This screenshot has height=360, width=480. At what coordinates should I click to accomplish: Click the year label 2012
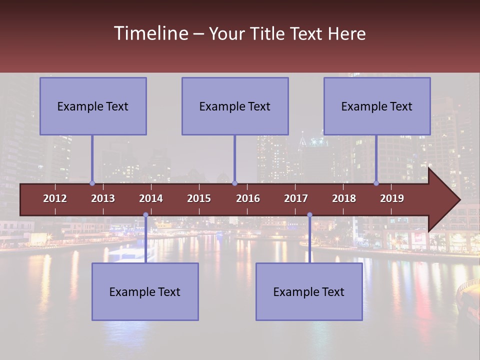pos(55,198)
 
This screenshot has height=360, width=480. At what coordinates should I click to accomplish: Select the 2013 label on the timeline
pos(103,198)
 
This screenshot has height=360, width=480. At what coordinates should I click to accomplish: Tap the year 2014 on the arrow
pos(151,198)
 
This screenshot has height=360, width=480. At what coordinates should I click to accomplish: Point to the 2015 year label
pos(199,198)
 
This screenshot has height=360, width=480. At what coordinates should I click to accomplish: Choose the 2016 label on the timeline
pos(248,198)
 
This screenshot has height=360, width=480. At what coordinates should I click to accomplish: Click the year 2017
pos(296,198)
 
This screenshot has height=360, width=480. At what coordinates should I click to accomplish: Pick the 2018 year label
pos(344,198)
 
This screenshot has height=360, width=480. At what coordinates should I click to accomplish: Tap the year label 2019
pos(392,198)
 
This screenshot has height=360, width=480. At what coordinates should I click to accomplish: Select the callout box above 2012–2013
pos(93,106)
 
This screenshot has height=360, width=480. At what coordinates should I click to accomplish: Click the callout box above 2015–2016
pos(235,106)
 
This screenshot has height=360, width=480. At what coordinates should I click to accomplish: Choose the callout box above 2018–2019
pos(377,106)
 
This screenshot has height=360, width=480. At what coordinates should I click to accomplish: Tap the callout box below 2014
pos(145,291)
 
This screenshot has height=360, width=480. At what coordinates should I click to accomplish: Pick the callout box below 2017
pos(309,291)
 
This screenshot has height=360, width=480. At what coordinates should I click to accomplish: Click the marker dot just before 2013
pos(92,183)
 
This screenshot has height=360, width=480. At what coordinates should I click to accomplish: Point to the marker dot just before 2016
pos(234,183)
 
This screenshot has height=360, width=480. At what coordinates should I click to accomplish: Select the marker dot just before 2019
pos(376,183)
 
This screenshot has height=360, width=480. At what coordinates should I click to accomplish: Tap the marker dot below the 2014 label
pos(145,215)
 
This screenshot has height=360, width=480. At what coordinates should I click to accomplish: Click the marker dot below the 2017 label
pos(309,215)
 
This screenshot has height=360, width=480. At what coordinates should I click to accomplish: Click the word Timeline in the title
pos(150,33)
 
